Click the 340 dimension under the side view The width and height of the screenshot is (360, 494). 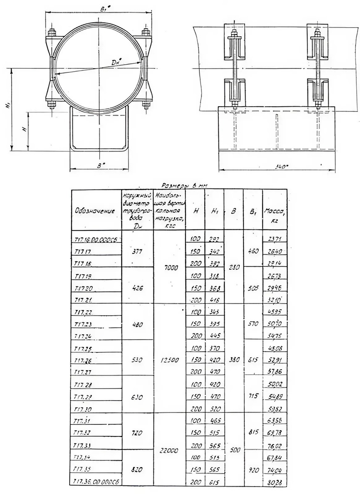click(x=281, y=167)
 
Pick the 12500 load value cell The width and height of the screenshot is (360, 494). click(x=169, y=359)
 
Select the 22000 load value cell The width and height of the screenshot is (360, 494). click(x=169, y=451)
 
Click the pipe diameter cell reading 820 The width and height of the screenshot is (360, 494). click(x=137, y=469)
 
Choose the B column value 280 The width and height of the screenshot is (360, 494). click(x=233, y=267)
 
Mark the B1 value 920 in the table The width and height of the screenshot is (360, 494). click(x=253, y=468)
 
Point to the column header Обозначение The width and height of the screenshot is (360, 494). click(x=95, y=210)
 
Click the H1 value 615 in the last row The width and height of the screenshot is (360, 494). click(x=214, y=482)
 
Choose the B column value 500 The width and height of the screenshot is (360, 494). click(x=233, y=450)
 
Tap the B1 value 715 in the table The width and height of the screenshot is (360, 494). click(x=253, y=396)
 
